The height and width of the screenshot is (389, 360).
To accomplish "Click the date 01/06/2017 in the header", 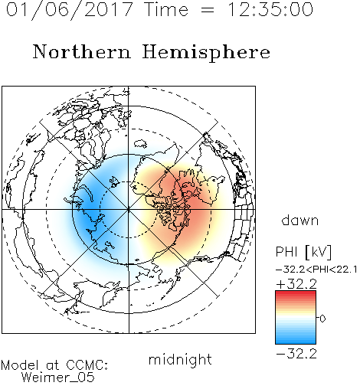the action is pos(69,10).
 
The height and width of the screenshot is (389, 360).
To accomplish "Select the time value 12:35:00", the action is pos(270,9).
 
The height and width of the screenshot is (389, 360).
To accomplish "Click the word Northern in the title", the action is pos(82,51).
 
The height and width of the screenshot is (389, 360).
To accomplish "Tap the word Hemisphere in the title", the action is pos(206,53).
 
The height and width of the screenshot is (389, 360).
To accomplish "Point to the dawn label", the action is pos(300,220).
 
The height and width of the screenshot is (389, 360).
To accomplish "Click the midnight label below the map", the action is pos(180,361).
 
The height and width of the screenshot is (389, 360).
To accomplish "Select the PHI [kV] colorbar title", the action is pos(303,252).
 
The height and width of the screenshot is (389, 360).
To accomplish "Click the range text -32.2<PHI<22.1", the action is pos(316,270).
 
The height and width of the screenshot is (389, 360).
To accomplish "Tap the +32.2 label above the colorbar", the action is pos(296,284).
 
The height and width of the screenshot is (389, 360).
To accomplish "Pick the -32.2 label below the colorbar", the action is pos(296,354).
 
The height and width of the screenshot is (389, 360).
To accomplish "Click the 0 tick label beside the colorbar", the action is pos(322,319).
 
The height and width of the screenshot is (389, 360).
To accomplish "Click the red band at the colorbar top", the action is pos(296,293).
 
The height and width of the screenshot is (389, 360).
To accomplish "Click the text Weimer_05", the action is pos(58,378).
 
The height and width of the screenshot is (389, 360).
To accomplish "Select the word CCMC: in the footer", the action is pos(87,365).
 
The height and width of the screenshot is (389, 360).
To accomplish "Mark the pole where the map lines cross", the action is pos(129,210).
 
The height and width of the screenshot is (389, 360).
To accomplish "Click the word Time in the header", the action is pos(166,9).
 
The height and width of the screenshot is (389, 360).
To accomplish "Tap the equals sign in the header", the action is pos(208,10).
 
